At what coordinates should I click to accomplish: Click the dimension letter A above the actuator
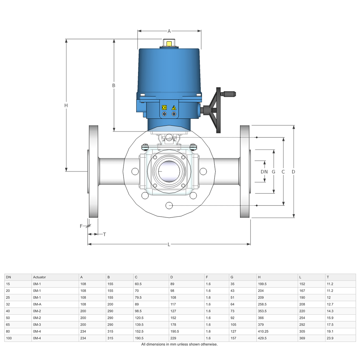tap(169, 31)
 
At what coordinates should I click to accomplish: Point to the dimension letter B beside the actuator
tap(114, 85)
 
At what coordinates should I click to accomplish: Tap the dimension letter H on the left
tap(66, 105)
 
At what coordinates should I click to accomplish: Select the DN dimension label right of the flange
tap(264, 172)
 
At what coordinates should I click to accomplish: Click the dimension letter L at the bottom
tap(169, 244)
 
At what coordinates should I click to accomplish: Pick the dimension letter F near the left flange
tap(81, 226)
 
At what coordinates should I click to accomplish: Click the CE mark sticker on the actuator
tap(164, 107)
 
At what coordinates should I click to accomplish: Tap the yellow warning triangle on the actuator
tap(174, 107)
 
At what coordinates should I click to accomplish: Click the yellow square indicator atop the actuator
tap(169, 44)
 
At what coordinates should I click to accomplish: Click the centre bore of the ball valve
tap(169, 171)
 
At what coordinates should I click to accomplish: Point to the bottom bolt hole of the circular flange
tap(169, 205)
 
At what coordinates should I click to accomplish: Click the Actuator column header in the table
tap(39, 277)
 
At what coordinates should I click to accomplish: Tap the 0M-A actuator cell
tap(37, 304)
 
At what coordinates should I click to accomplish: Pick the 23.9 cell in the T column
tap(330, 338)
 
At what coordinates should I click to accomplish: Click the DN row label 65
tap(8, 325)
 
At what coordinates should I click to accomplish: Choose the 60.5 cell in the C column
tap(138, 284)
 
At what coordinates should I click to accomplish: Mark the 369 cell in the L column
tap(302, 338)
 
